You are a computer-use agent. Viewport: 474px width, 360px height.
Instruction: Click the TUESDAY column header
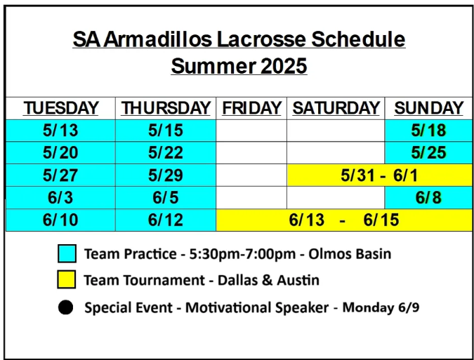pyautogui.click(x=61, y=108)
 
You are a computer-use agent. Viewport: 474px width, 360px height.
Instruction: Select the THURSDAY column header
pyautogui.click(x=166, y=108)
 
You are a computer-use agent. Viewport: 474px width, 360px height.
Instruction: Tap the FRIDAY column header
pyautogui.click(x=251, y=108)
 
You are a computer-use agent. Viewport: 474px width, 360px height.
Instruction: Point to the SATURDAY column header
pyautogui.click(x=336, y=108)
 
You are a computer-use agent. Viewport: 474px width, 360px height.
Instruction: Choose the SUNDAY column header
pyautogui.click(x=428, y=108)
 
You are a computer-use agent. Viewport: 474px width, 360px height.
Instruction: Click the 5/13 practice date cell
pyautogui.click(x=60, y=131)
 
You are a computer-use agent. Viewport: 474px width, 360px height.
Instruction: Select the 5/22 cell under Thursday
pyautogui.click(x=166, y=152)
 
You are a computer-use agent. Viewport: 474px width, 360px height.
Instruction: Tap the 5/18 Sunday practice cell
pyautogui.click(x=428, y=131)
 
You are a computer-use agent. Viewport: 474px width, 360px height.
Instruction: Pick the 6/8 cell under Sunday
pyautogui.click(x=428, y=197)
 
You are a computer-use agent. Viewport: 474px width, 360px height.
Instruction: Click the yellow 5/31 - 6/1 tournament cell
pyautogui.click(x=379, y=175)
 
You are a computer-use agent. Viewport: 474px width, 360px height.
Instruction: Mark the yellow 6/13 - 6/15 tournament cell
pyautogui.click(x=344, y=220)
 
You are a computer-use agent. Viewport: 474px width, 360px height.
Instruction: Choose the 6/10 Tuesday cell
pyautogui.click(x=60, y=220)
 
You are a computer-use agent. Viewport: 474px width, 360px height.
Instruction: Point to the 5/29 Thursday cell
pyautogui.click(x=166, y=175)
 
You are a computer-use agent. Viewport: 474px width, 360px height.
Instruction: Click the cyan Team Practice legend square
pyautogui.click(x=67, y=253)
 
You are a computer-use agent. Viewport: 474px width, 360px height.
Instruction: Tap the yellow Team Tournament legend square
pyautogui.click(x=67, y=279)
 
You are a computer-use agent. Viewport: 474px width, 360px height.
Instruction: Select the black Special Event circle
pyautogui.click(x=65, y=307)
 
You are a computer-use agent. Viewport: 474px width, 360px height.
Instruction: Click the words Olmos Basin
pyautogui.click(x=350, y=254)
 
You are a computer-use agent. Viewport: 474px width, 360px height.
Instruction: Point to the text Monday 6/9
pyautogui.click(x=381, y=308)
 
